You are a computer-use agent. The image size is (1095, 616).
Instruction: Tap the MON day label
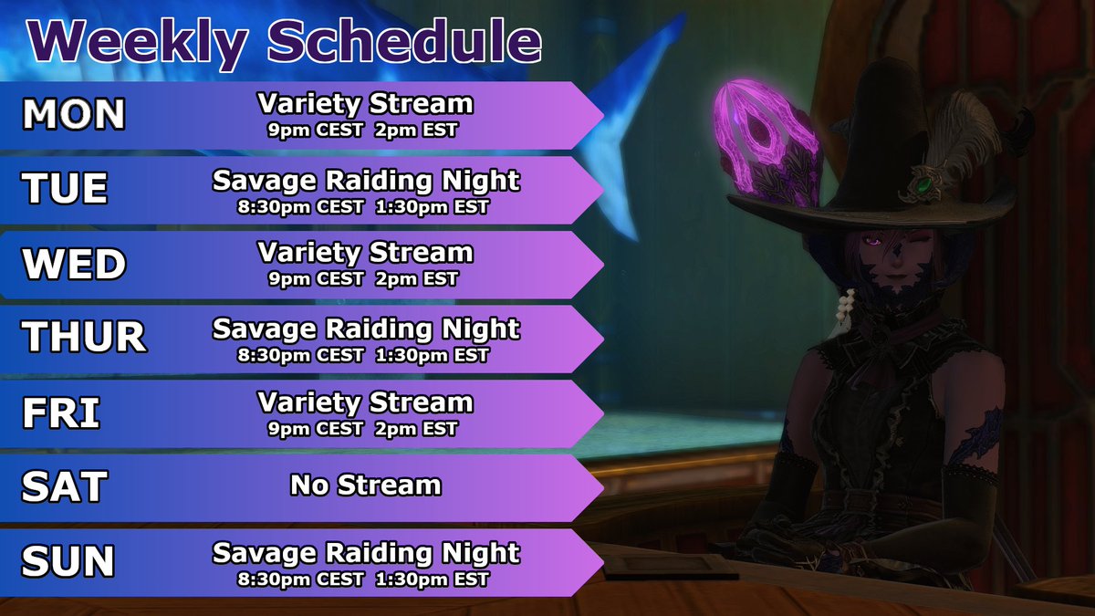click(74, 115)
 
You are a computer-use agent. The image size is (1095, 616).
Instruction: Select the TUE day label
click(65, 190)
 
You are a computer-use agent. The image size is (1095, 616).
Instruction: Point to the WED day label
click(74, 265)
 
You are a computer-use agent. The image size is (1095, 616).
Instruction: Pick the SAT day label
click(63, 488)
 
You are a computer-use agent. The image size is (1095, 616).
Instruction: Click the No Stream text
click(365, 485)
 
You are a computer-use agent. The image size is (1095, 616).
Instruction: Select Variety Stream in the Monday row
click(365, 104)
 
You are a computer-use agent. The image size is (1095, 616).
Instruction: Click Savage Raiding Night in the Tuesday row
click(365, 180)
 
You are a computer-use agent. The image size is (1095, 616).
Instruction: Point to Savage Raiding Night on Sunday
click(365, 552)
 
